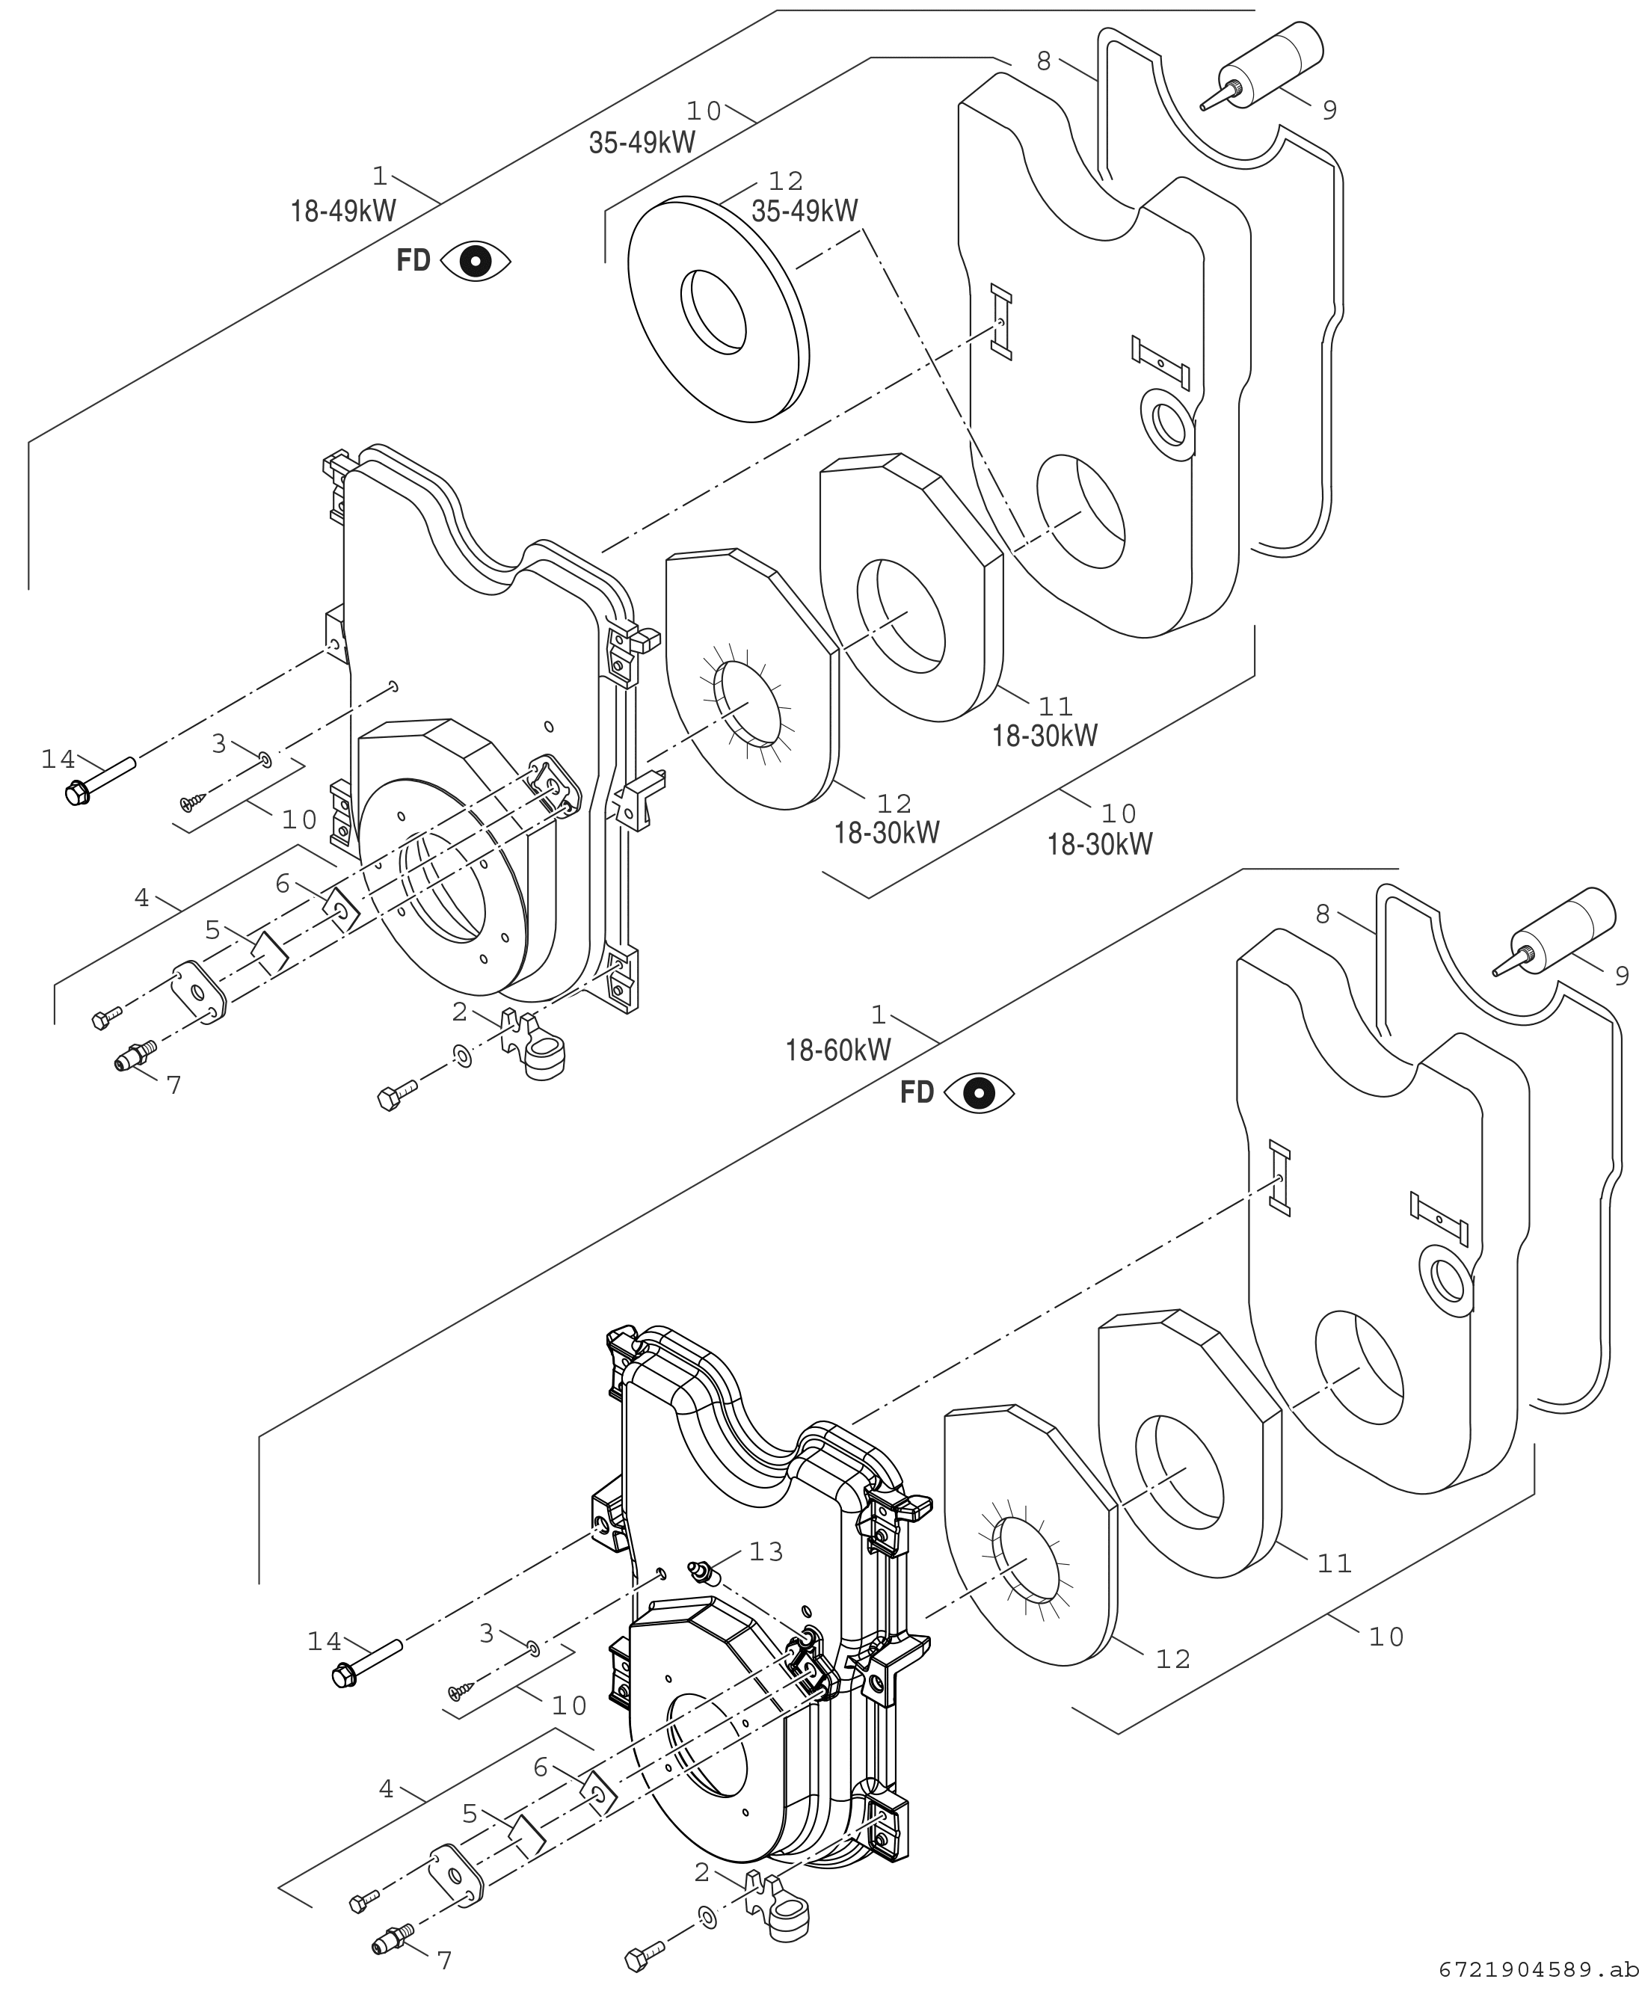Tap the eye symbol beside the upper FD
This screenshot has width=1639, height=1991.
click(x=476, y=261)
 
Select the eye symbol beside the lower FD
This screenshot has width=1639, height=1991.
click(x=979, y=1092)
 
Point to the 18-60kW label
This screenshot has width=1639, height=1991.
click(x=838, y=1050)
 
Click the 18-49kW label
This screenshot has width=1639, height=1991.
click(x=342, y=211)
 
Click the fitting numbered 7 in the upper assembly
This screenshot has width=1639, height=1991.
click(x=134, y=1054)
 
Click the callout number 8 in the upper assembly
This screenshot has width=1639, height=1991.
click(x=1043, y=61)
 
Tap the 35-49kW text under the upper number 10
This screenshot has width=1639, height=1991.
click(x=642, y=143)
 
